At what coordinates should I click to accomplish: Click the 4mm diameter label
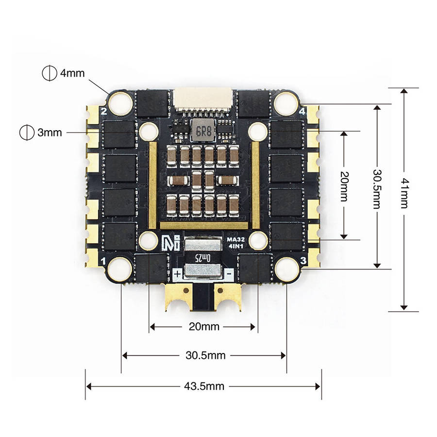tap(72, 73)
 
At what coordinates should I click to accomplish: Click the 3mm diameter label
tap(50, 132)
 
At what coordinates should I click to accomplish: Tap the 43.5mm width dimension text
tap(204, 387)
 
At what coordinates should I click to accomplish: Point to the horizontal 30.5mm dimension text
tap(205, 355)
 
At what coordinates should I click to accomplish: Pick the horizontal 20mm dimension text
tap(203, 327)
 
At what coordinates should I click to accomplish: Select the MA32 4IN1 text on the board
tap(235, 242)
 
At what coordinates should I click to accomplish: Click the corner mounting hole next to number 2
tap(119, 102)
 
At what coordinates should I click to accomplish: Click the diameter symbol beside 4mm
tap(48, 73)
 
